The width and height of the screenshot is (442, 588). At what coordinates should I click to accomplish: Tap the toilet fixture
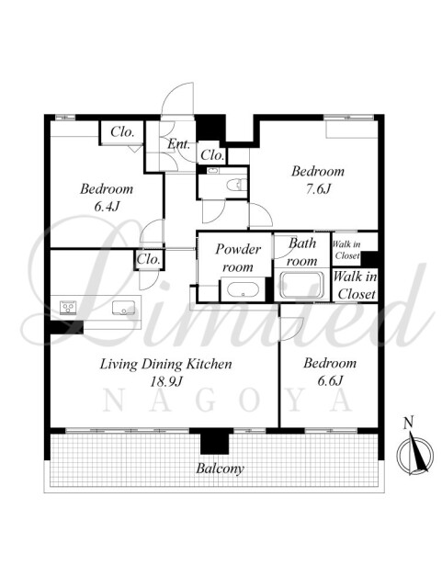click(x=236, y=184)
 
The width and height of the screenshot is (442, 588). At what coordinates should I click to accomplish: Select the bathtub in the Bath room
click(x=302, y=286)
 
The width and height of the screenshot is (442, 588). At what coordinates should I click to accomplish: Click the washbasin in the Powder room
click(x=243, y=290)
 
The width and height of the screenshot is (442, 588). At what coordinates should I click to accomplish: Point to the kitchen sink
click(x=123, y=308)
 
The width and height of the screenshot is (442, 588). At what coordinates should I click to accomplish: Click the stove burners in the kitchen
click(x=68, y=308)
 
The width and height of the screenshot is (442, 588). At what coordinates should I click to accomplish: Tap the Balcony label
click(x=220, y=469)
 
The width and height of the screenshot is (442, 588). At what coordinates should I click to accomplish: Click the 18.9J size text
click(x=166, y=382)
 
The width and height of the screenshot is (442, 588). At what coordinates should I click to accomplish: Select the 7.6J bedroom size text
click(x=317, y=188)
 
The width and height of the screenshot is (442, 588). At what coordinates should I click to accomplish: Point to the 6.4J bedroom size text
click(x=107, y=206)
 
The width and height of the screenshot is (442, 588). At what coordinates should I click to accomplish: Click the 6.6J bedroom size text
click(x=330, y=380)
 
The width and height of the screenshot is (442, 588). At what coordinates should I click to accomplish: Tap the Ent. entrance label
click(x=178, y=143)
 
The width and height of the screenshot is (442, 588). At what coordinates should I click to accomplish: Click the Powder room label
click(x=237, y=258)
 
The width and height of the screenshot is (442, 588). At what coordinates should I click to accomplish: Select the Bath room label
click(x=302, y=252)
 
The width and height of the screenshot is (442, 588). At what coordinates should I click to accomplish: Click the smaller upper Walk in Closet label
click(x=346, y=250)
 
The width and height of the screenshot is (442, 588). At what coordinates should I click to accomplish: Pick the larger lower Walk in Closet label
click(x=355, y=285)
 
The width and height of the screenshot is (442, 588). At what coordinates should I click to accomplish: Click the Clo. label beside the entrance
click(x=212, y=154)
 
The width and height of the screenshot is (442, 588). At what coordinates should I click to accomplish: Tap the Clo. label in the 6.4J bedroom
click(x=122, y=131)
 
